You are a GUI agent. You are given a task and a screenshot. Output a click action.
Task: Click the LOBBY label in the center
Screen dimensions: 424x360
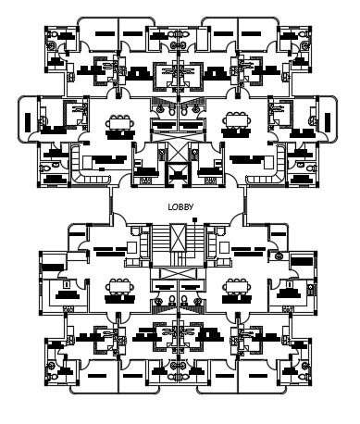(180, 206)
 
